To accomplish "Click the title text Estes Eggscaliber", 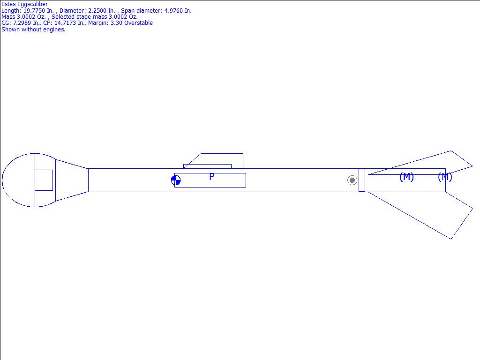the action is pyautogui.click(x=24, y=4).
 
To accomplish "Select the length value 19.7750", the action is pyautogui.click(x=34, y=11).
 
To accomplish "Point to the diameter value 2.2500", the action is pyautogui.click(x=97, y=11).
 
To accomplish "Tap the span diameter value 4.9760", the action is pyautogui.click(x=173, y=11).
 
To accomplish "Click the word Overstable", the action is pyautogui.click(x=138, y=23).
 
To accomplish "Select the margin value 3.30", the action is pyautogui.click(x=117, y=23).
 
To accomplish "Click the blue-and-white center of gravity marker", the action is pyautogui.click(x=176, y=180).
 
